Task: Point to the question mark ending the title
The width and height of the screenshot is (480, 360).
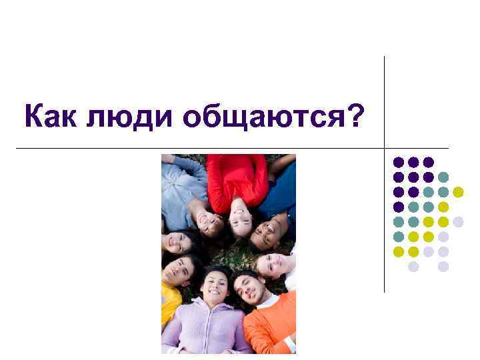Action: point(357,117)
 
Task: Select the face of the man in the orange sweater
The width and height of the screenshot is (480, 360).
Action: point(247,287)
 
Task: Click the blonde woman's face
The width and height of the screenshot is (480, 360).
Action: point(272,264)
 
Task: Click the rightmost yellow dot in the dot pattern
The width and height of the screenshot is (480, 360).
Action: point(458,192)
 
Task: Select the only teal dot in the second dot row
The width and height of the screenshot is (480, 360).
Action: point(443,177)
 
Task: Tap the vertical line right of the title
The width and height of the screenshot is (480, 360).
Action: point(385,100)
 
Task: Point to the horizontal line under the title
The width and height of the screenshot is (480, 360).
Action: point(200,147)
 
